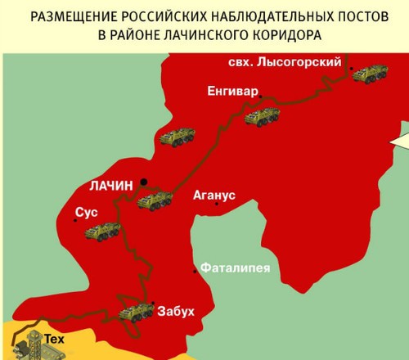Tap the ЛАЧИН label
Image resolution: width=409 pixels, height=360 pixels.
coord(110,186)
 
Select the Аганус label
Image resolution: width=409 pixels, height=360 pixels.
coord(214,195)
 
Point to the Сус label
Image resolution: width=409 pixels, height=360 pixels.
coord(86,212)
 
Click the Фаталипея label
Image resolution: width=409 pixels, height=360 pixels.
coord(235,268)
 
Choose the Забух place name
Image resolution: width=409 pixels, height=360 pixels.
coord(176,310)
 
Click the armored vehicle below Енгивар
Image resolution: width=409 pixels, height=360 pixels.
coord(262,116)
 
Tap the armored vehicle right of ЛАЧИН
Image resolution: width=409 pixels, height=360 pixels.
coord(155,199)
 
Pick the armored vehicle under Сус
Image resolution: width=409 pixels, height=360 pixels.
coord(102,231)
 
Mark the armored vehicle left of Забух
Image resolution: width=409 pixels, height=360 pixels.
coord(136,313)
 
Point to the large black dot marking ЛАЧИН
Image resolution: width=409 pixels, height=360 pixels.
coord(143,181)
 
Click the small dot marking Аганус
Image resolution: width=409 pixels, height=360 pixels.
coord(216,205)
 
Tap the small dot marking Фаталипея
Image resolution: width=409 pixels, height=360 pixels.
coord(195,271)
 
